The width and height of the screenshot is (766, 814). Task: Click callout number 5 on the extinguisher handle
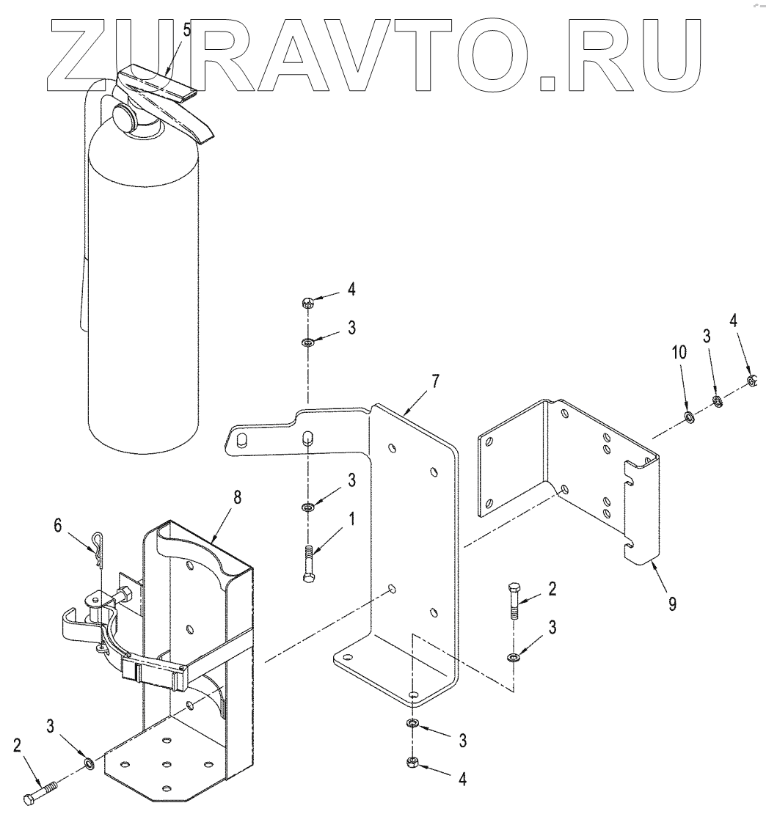tap(186, 30)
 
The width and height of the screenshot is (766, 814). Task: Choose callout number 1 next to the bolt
tap(351, 519)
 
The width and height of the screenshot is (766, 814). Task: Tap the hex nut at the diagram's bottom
tap(412, 763)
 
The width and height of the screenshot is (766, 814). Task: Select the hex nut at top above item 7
tap(309, 302)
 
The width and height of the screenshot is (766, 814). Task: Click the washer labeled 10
tap(690, 418)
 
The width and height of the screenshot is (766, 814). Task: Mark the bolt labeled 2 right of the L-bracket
tap(513, 601)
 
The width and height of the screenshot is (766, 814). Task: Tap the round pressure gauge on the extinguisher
tap(123, 116)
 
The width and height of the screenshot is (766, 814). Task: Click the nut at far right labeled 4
tap(751, 381)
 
